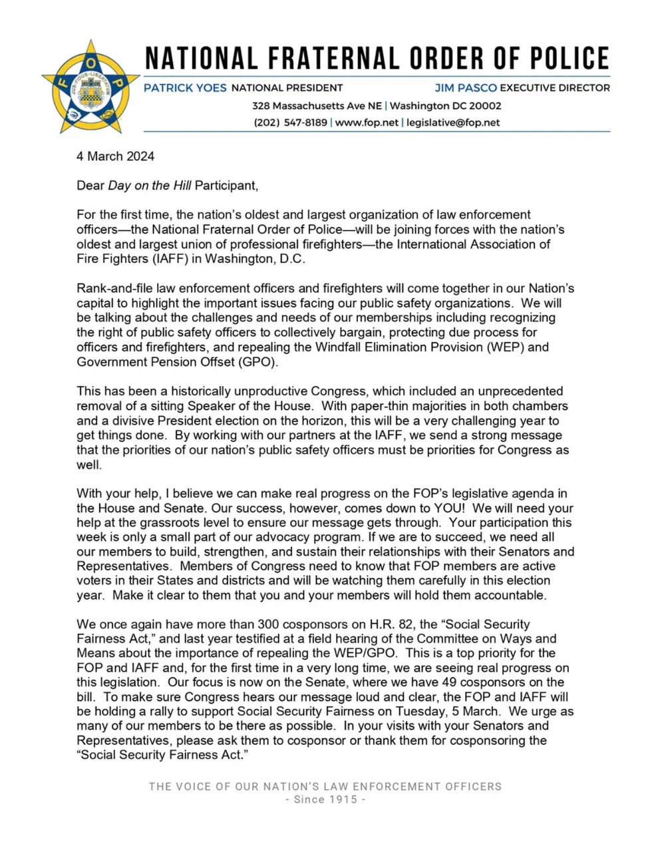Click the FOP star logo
pyautogui.click(x=90, y=87)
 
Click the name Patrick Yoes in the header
pyautogui.click(x=185, y=88)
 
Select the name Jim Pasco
pyautogui.click(x=466, y=88)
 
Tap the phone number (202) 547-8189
pyautogui.click(x=291, y=122)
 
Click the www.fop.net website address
pyautogui.click(x=367, y=122)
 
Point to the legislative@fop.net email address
pyautogui.click(x=453, y=122)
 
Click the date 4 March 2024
pyautogui.click(x=115, y=156)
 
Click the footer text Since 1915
pyautogui.click(x=325, y=799)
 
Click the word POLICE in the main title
pyautogui.click(x=570, y=59)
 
